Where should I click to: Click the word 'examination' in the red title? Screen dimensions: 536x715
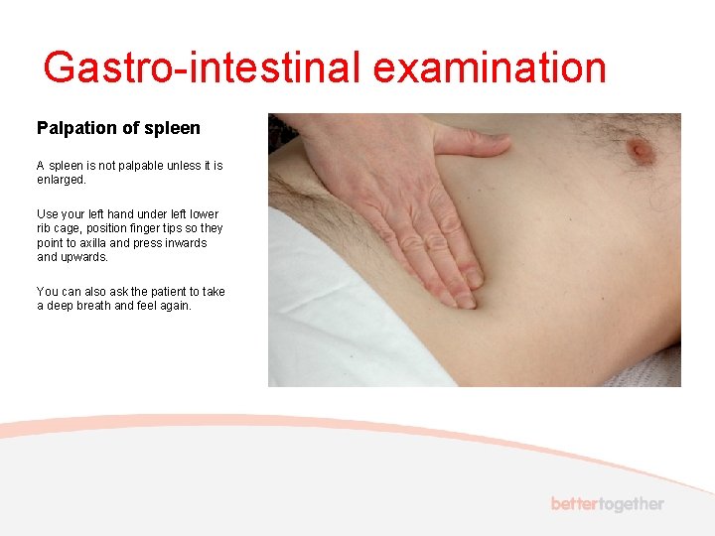point(490,67)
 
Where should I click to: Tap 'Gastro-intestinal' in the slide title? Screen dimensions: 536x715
point(203,67)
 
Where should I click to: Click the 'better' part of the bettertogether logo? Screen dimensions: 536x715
point(575,504)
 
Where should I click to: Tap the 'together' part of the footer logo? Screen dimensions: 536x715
point(632,504)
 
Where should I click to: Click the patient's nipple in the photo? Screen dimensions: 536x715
point(641,150)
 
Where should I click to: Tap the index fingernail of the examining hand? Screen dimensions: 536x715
point(475,279)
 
